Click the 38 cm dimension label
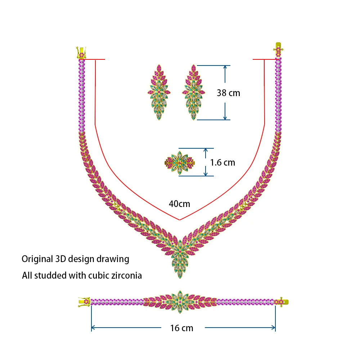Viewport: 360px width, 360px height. click(x=228, y=93)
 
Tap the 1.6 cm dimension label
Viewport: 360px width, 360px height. click(x=222, y=162)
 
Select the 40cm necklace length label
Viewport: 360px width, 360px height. click(x=179, y=204)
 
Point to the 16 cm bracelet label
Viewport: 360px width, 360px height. click(x=182, y=328)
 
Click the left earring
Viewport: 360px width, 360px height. click(x=159, y=92)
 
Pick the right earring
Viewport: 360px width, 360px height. click(x=194, y=92)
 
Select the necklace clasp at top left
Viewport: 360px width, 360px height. click(x=81, y=53)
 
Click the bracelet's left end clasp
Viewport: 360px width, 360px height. click(x=84, y=302)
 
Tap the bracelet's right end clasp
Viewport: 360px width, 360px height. click(x=281, y=301)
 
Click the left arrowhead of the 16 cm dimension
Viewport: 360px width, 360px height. click(x=93, y=328)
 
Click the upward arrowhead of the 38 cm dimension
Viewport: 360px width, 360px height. click(x=225, y=67)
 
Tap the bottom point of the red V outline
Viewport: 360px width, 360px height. click(x=179, y=220)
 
